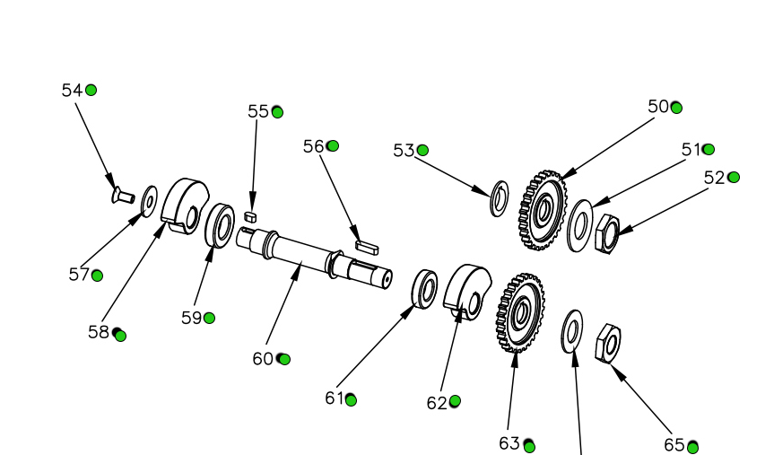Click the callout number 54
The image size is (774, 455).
pos(71,90)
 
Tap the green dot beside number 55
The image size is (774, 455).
pos(277,111)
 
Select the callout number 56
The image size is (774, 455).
pos(313,145)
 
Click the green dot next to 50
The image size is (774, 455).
pos(676,108)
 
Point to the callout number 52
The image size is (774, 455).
pos(714,178)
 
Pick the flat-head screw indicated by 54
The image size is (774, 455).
pos(121,193)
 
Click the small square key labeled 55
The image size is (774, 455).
pos(252,215)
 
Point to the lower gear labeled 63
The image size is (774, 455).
pos(518,312)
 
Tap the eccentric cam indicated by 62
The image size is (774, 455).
pos(468,290)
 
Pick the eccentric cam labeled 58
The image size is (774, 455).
pos(184,206)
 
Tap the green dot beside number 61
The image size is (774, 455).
pos(351,399)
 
